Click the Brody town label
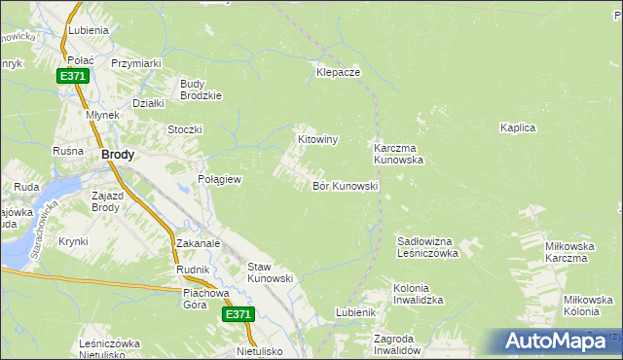point(118,154)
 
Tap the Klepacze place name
point(339,73)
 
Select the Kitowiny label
point(317,140)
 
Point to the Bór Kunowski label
point(345,186)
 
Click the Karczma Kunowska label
point(398,154)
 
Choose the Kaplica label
point(518,127)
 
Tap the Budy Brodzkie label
point(202,90)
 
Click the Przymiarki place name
point(135,63)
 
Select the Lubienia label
point(88,30)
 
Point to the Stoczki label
point(184,129)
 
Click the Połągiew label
point(219,180)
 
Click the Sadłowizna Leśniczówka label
point(427,246)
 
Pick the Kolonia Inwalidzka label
point(418,295)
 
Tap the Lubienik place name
point(355,312)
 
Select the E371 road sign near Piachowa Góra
point(238,314)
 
